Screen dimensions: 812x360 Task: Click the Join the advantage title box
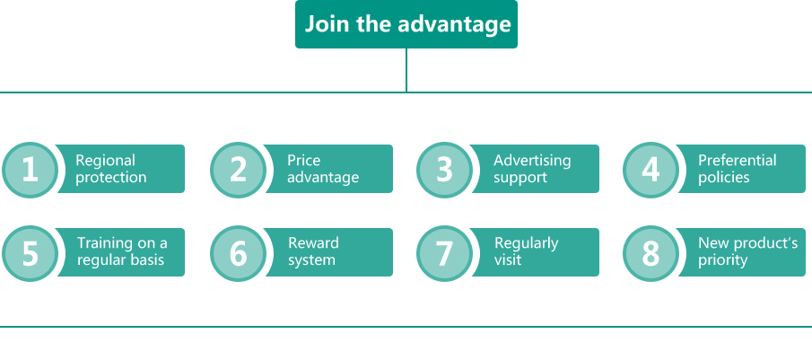pyautogui.click(x=406, y=24)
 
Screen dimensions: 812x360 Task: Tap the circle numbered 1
pyautogui.click(x=30, y=170)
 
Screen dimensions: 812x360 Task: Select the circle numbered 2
pyautogui.click(x=238, y=170)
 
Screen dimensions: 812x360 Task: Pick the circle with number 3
pyautogui.click(x=444, y=170)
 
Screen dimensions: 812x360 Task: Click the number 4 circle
pyautogui.click(x=650, y=170)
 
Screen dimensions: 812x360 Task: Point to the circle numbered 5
pyautogui.click(x=30, y=253)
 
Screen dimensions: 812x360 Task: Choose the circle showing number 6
pyautogui.click(x=238, y=253)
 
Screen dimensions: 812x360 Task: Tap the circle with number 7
pyautogui.click(x=444, y=253)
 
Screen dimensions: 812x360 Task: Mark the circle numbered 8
pyautogui.click(x=650, y=253)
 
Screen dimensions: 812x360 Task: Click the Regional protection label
pyautogui.click(x=111, y=169)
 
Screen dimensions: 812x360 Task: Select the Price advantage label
pyautogui.click(x=323, y=169)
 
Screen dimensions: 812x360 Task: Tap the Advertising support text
pyautogui.click(x=532, y=169)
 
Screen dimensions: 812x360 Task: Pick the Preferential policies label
pyautogui.click(x=737, y=169)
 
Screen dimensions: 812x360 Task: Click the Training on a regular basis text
pyautogui.click(x=122, y=251)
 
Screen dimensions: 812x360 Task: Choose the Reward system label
pyautogui.click(x=313, y=251)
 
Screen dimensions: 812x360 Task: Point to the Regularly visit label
pyautogui.click(x=526, y=251)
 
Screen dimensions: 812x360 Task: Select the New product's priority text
pyautogui.click(x=747, y=251)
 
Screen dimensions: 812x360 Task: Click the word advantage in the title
pyautogui.click(x=454, y=25)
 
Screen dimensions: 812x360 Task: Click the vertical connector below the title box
pyautogui.click(x=406, y=70)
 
